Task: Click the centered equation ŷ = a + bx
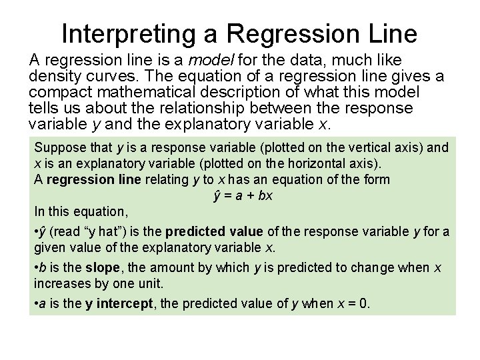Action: [243, 195]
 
